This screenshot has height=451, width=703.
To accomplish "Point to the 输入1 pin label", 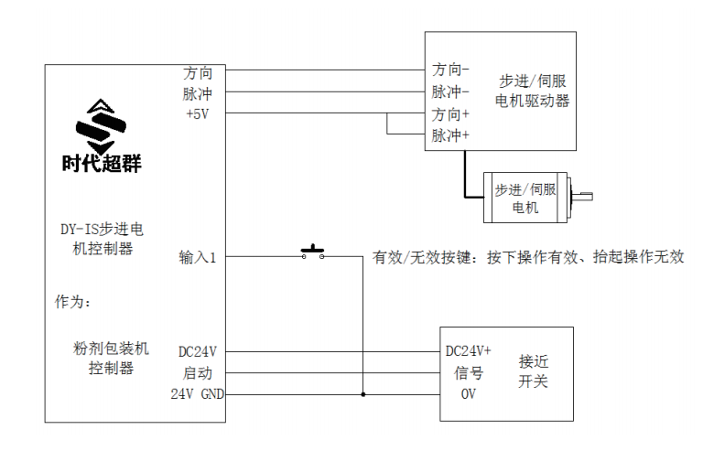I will [197, 257].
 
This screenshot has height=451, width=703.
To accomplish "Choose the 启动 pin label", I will [198, 373].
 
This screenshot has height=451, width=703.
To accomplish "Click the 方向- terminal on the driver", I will [450, 70].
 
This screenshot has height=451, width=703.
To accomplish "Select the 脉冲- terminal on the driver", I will [450, 92].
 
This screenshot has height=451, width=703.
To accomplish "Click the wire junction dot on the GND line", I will [363, 394].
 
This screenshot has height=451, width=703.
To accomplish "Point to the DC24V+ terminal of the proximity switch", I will [468, 351].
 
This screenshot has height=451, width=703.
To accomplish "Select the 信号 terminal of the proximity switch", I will [469, 373].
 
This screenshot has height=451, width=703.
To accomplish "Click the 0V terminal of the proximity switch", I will [468, 394].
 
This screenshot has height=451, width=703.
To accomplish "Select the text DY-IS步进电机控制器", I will [102, 240].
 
